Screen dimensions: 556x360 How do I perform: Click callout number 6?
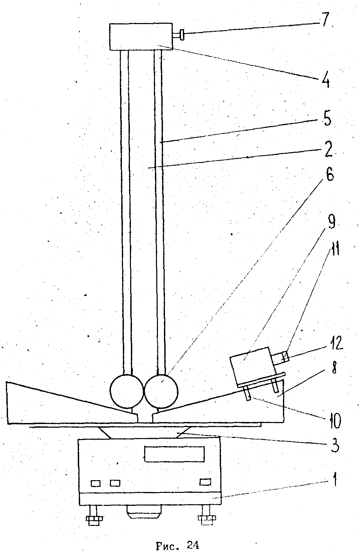330,175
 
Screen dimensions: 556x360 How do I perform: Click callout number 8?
334,368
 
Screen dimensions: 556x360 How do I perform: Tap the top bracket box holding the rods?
141,36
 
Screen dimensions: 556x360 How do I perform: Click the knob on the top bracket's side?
181,35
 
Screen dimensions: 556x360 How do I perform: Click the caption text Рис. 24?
178,546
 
